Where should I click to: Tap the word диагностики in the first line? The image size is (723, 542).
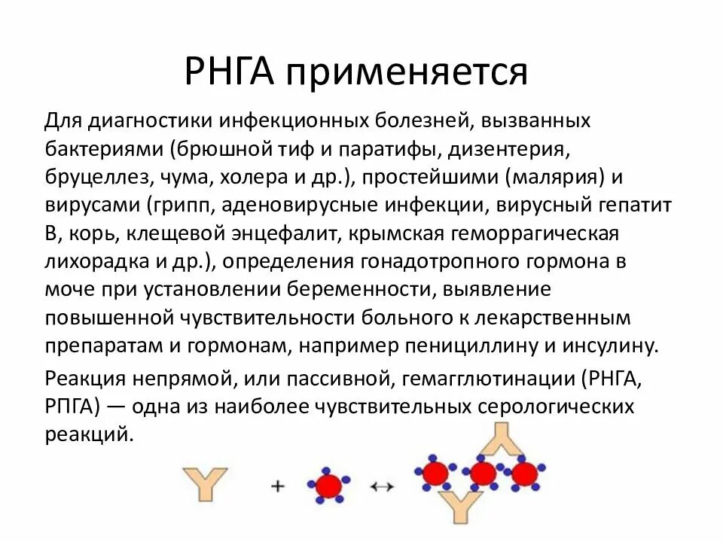click(150, 121)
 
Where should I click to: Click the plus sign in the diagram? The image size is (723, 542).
click(278, 486)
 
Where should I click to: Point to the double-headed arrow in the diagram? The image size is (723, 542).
click(383, 487)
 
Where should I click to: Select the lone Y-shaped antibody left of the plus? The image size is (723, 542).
click(204, 486)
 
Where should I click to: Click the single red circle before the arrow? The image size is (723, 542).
click(328, 486)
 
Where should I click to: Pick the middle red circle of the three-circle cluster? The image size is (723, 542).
click(482, 473)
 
